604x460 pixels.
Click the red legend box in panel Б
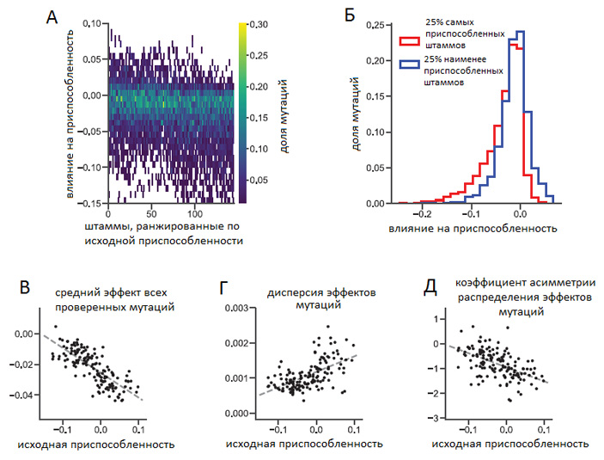click(x=409, y=38)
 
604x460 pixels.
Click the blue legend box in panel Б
click(x=409, y=63)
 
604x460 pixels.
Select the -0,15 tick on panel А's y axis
click(x=87, y=203)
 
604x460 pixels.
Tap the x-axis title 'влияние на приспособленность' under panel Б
click(x=462, y=230)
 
